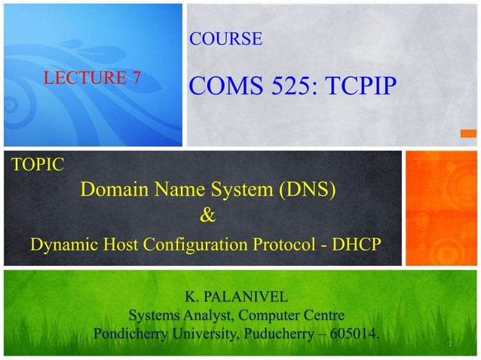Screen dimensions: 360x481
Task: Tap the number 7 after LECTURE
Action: [136, 77]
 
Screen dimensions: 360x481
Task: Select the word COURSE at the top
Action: [225, 38]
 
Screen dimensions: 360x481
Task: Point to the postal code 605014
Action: [350, 333]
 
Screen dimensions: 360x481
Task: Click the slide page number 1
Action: [449, 343]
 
